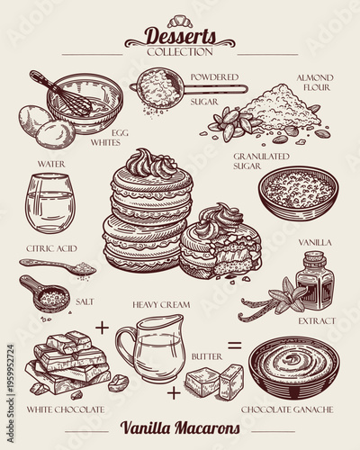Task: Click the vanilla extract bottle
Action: point(314,280)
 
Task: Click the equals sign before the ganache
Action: point(233,344)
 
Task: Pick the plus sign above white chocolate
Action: point(102,325)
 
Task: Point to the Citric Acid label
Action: point(50,247)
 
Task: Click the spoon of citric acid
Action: point(58,267)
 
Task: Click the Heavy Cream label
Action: point(161,305)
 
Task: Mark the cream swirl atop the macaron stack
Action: point(145,165)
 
